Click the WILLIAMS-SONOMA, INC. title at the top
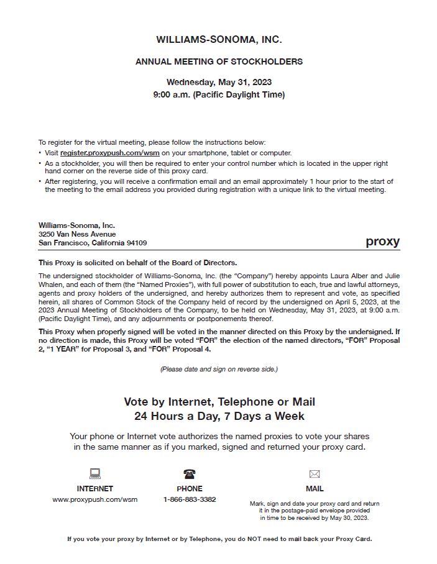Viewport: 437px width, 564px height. (x=219, y=40)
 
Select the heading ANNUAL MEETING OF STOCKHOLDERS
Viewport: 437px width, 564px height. (x=219, y=61)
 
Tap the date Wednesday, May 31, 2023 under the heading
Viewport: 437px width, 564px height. (x=219, y=82)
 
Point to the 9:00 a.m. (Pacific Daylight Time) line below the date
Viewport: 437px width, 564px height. (x=219, y=95)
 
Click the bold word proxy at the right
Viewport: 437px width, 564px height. (x=382, y=242)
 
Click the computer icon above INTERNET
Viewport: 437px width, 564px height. (x=95, y=474)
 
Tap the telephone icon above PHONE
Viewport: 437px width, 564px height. (x=190, y=474)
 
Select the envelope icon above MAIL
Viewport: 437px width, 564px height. (x=315, y=474)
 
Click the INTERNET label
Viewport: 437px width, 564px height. (x=95, y=489)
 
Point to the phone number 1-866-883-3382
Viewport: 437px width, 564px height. (x=190, y=499)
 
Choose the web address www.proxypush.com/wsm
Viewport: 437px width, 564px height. (x=95, y=499)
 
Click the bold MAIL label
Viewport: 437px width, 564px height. (x=315, y=489)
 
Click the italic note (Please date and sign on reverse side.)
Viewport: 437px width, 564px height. (x=219, y=369)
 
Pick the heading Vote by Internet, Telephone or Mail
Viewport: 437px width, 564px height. (x=219, y=402)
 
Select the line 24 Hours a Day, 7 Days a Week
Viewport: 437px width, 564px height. (x=219, y=416)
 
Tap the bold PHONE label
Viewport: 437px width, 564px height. (x=190, y=489)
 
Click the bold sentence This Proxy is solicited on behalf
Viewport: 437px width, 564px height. (x=137, y=263)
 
